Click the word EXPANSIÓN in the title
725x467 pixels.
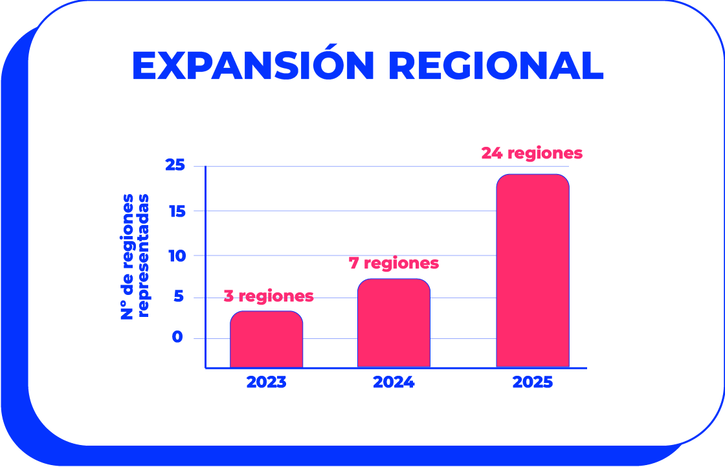click(x=253, y=65)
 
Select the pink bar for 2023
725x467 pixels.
click(x=266, y=340)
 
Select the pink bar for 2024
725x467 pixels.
click(x=394, y=323)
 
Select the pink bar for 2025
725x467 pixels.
click(x=533, y=271)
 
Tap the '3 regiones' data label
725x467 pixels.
click(x=269, y=296)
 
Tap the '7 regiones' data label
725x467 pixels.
click(x=394, y=263)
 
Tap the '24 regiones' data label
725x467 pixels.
click(x=531, y=153)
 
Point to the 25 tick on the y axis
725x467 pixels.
click(x=175, y=166)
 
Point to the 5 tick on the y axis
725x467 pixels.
click(x=179, y=298)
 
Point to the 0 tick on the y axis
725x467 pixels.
click(x=177, y=338)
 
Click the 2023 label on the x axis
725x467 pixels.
click(x=266, y=382)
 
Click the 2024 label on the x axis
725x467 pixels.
click(x=394, y=382)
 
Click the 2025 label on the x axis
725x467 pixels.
click(x=533, y=382)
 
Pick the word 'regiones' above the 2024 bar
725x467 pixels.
click(x=402, y=264)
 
